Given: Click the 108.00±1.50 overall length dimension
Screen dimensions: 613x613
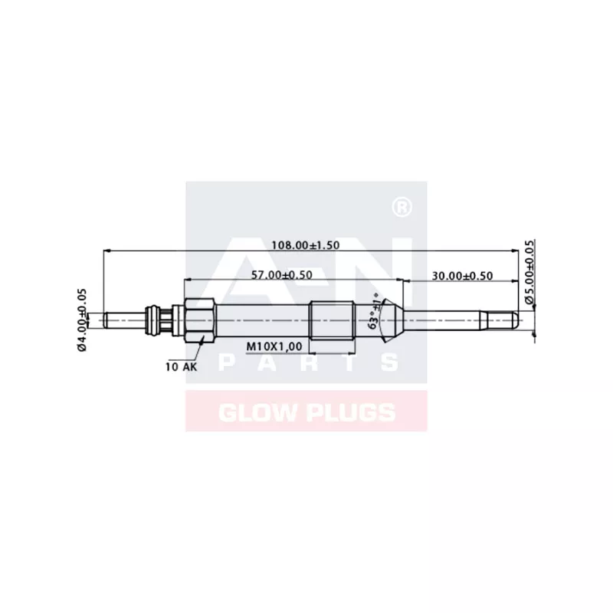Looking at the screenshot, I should [306, 244].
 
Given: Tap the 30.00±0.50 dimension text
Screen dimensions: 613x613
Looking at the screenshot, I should [462, 275].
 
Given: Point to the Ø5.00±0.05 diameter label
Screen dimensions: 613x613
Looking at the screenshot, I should [529, 273].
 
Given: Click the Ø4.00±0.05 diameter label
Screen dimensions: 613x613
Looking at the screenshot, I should [82, 320].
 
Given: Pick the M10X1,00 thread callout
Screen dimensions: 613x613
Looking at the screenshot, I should [274, 347].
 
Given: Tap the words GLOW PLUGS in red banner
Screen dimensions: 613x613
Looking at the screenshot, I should [306, 412].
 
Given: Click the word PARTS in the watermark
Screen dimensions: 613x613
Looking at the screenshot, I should [306, 362].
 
